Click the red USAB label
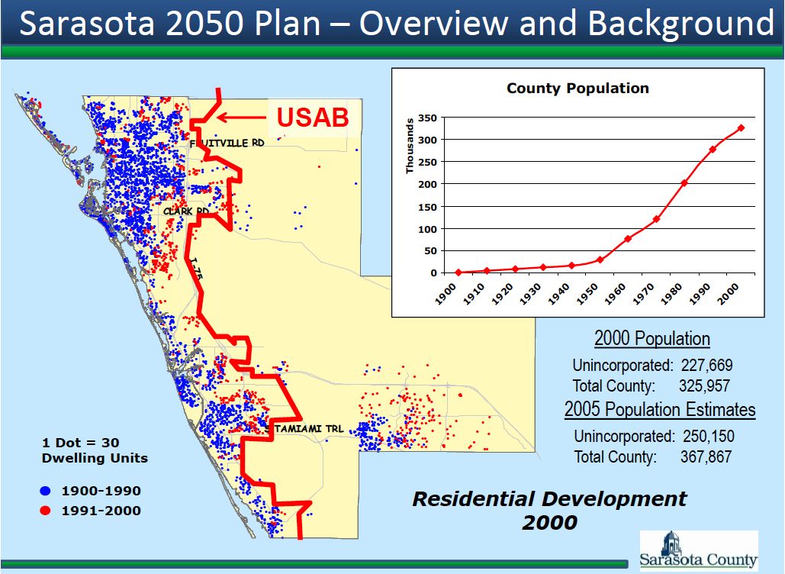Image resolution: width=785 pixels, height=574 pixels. tap(312, 117)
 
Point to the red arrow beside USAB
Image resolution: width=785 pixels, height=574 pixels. tap(240, 118)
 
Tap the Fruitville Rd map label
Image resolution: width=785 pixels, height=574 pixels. tap(227, 143)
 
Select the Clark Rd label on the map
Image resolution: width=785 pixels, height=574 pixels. tap(185, 211)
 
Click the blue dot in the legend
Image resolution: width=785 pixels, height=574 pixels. tap(47, 491)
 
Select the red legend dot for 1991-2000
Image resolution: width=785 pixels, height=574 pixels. tap(47, 511)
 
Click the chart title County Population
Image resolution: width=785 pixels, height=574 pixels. tap(577, 89)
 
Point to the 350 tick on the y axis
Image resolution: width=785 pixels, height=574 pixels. tap(426, 118)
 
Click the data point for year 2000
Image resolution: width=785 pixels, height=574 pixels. tap(741, 128)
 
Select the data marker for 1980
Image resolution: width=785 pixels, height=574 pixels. tap(684, 183)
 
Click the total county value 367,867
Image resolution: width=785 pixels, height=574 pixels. tap(706, 457)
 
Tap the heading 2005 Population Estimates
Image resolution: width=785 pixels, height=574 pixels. tap(660, 410)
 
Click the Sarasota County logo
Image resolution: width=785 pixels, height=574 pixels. tap(698, 550)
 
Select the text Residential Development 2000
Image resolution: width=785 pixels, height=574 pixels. tap(549, 511)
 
